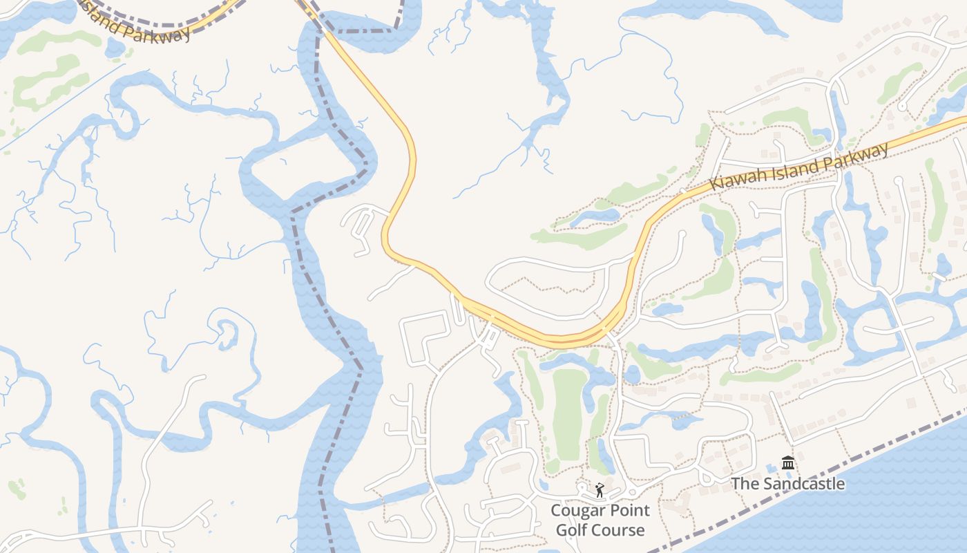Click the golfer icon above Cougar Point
599,491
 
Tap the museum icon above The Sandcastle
788,462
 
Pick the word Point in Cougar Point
629,511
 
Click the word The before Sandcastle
745,483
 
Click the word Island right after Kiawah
795,168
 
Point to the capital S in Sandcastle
767,483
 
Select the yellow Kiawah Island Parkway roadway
408,138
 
